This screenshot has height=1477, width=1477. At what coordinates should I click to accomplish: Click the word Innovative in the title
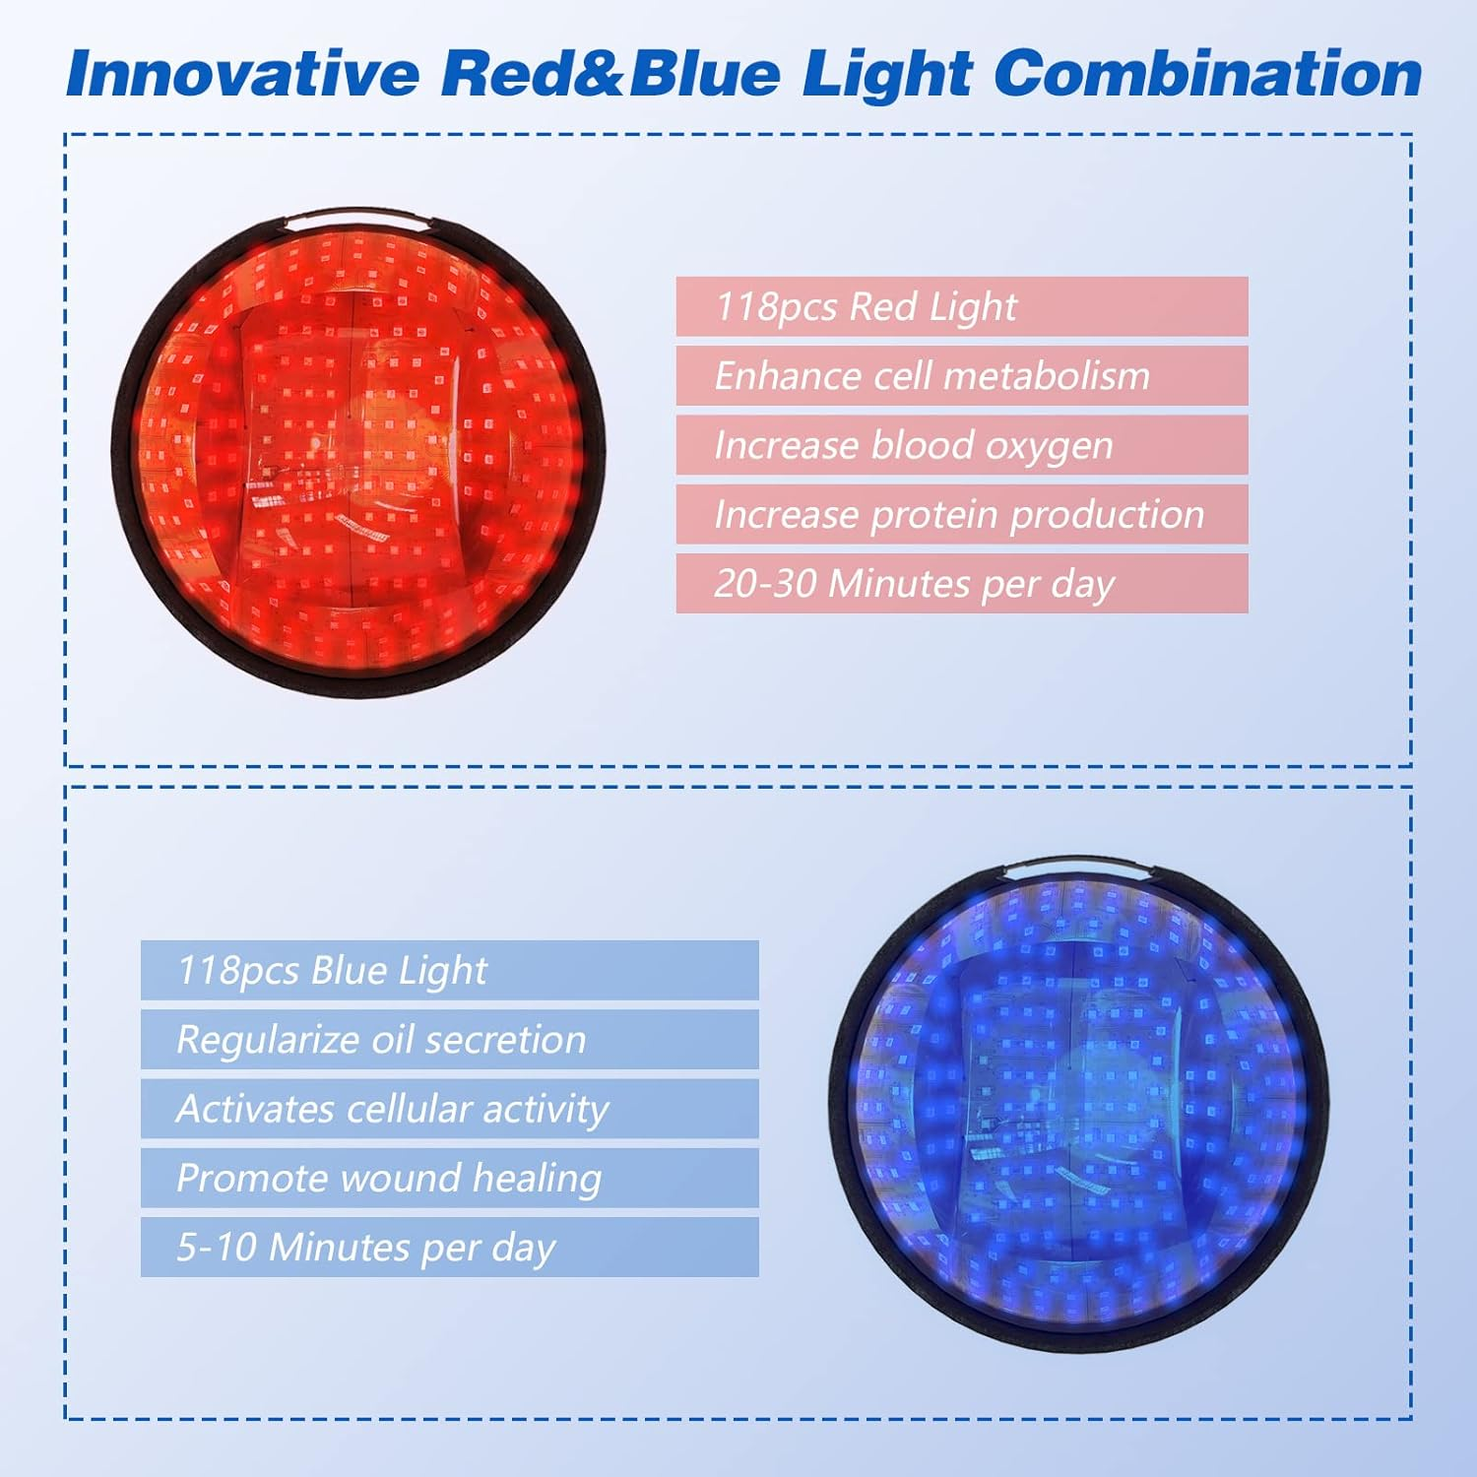pos(242,74)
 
